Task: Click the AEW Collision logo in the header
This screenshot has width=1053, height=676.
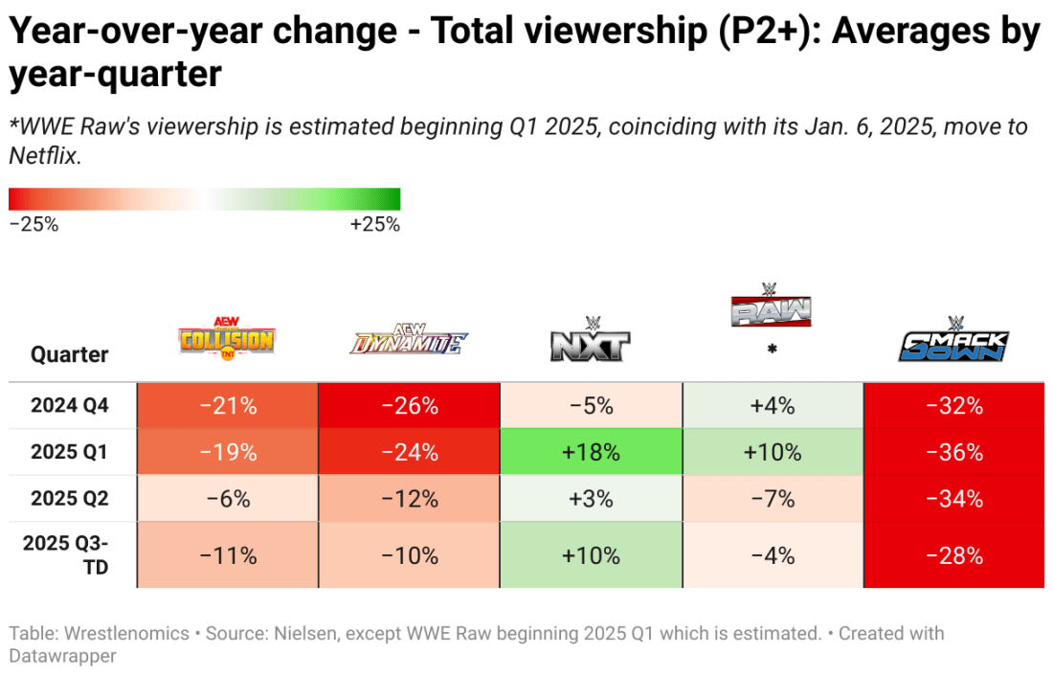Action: coord(226,339)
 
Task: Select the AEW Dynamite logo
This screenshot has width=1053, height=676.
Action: coord(409,341)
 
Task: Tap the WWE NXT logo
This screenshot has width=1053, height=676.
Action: coord(591,341)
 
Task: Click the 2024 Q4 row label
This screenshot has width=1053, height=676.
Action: coord(70,405)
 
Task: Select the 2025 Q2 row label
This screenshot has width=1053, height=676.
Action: coord(70,499)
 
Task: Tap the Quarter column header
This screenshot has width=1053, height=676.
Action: coord(70,354)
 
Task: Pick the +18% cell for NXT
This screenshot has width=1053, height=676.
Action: coord(591,452)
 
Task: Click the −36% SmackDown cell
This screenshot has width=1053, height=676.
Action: coord(953,452)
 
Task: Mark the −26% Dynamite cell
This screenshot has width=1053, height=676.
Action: coord(409,405)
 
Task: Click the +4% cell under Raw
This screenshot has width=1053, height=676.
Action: coord(772,405)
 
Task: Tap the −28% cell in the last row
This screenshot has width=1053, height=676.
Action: coord(953,555)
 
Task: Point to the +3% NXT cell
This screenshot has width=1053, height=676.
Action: coord(591,499)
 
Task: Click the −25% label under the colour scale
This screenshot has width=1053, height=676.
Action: coord(34,225)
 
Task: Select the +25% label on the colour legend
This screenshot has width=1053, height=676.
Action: coord(374,225)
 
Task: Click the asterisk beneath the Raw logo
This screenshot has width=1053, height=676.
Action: coord(772,350)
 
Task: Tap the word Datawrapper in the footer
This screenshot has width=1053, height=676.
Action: coord(65,656)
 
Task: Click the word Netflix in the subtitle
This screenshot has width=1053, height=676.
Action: coord(44,156)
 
